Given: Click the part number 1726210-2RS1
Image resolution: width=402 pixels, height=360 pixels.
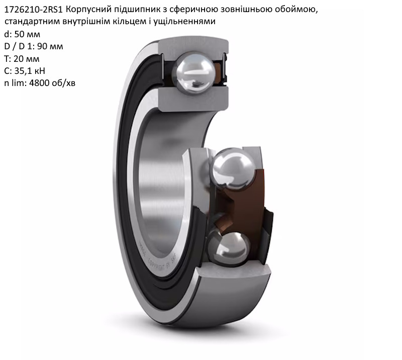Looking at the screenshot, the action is pos(34,10).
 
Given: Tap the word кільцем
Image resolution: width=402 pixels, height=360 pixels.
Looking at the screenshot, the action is pos(129,22).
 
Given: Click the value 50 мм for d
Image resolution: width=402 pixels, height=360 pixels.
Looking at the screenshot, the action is pos(27,34).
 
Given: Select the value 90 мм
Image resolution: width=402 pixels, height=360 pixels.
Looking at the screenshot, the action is pos(50,46).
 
